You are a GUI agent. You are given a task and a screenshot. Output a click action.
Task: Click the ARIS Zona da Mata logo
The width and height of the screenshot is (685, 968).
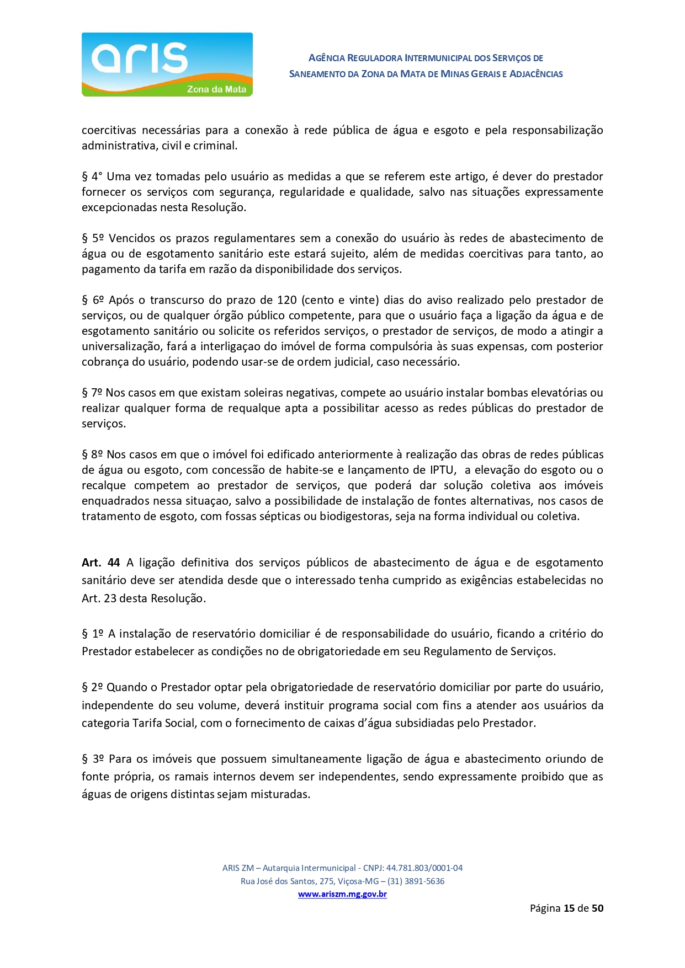click(x=167, y=65)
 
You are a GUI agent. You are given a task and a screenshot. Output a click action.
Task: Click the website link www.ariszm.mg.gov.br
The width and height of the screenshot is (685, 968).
click(x=342, y=894)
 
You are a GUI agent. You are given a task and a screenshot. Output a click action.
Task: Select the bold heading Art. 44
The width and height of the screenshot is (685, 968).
click(x=100, y=563)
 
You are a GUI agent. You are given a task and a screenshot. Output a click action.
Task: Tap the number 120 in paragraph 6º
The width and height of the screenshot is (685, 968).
click(x=287, y=300)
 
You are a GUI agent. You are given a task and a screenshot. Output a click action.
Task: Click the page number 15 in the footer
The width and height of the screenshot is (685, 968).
click(x=569, y=908)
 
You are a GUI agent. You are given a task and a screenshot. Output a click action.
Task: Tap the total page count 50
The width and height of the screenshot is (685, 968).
click(x=597, y=908)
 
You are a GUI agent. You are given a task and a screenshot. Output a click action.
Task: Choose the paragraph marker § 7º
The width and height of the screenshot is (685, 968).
click(x=92, y=393)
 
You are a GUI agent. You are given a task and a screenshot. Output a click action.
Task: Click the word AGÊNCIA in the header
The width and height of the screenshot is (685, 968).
click(x=327, y=58)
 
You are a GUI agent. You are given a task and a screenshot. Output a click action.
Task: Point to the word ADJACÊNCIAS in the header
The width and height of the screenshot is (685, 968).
click(x=536, y=74)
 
